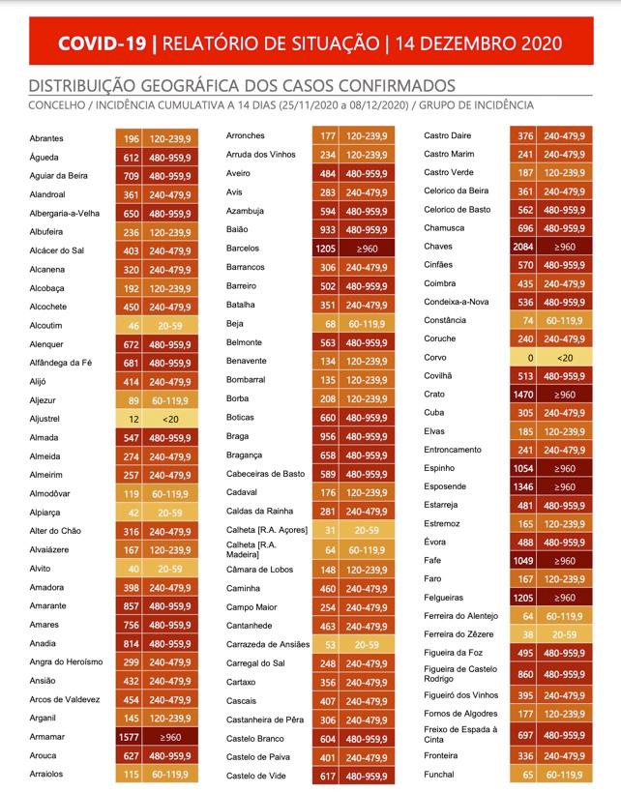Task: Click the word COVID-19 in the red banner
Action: (102, 43)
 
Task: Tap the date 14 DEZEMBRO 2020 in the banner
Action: (479, 43)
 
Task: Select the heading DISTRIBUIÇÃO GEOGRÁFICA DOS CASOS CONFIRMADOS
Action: (242, 85)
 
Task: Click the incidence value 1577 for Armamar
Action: (129, 737)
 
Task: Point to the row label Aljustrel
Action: (44, 419)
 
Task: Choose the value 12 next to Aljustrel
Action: (133, 420)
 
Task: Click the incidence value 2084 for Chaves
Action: (523, 247)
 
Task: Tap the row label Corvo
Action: (435, 357)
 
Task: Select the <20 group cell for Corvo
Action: (565, 358)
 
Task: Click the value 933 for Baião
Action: (328, 229)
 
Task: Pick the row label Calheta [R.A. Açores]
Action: (267, 530)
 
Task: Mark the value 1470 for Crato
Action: (523, 395)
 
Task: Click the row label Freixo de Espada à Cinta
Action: (460, 734)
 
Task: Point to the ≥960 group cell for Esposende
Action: (565, 487)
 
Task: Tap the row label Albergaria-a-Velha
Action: (64, 214)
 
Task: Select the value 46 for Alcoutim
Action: (133, 326)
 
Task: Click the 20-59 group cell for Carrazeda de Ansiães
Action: (367, 645)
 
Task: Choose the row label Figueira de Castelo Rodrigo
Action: (460, 674)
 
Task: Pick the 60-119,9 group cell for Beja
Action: (367, 324)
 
